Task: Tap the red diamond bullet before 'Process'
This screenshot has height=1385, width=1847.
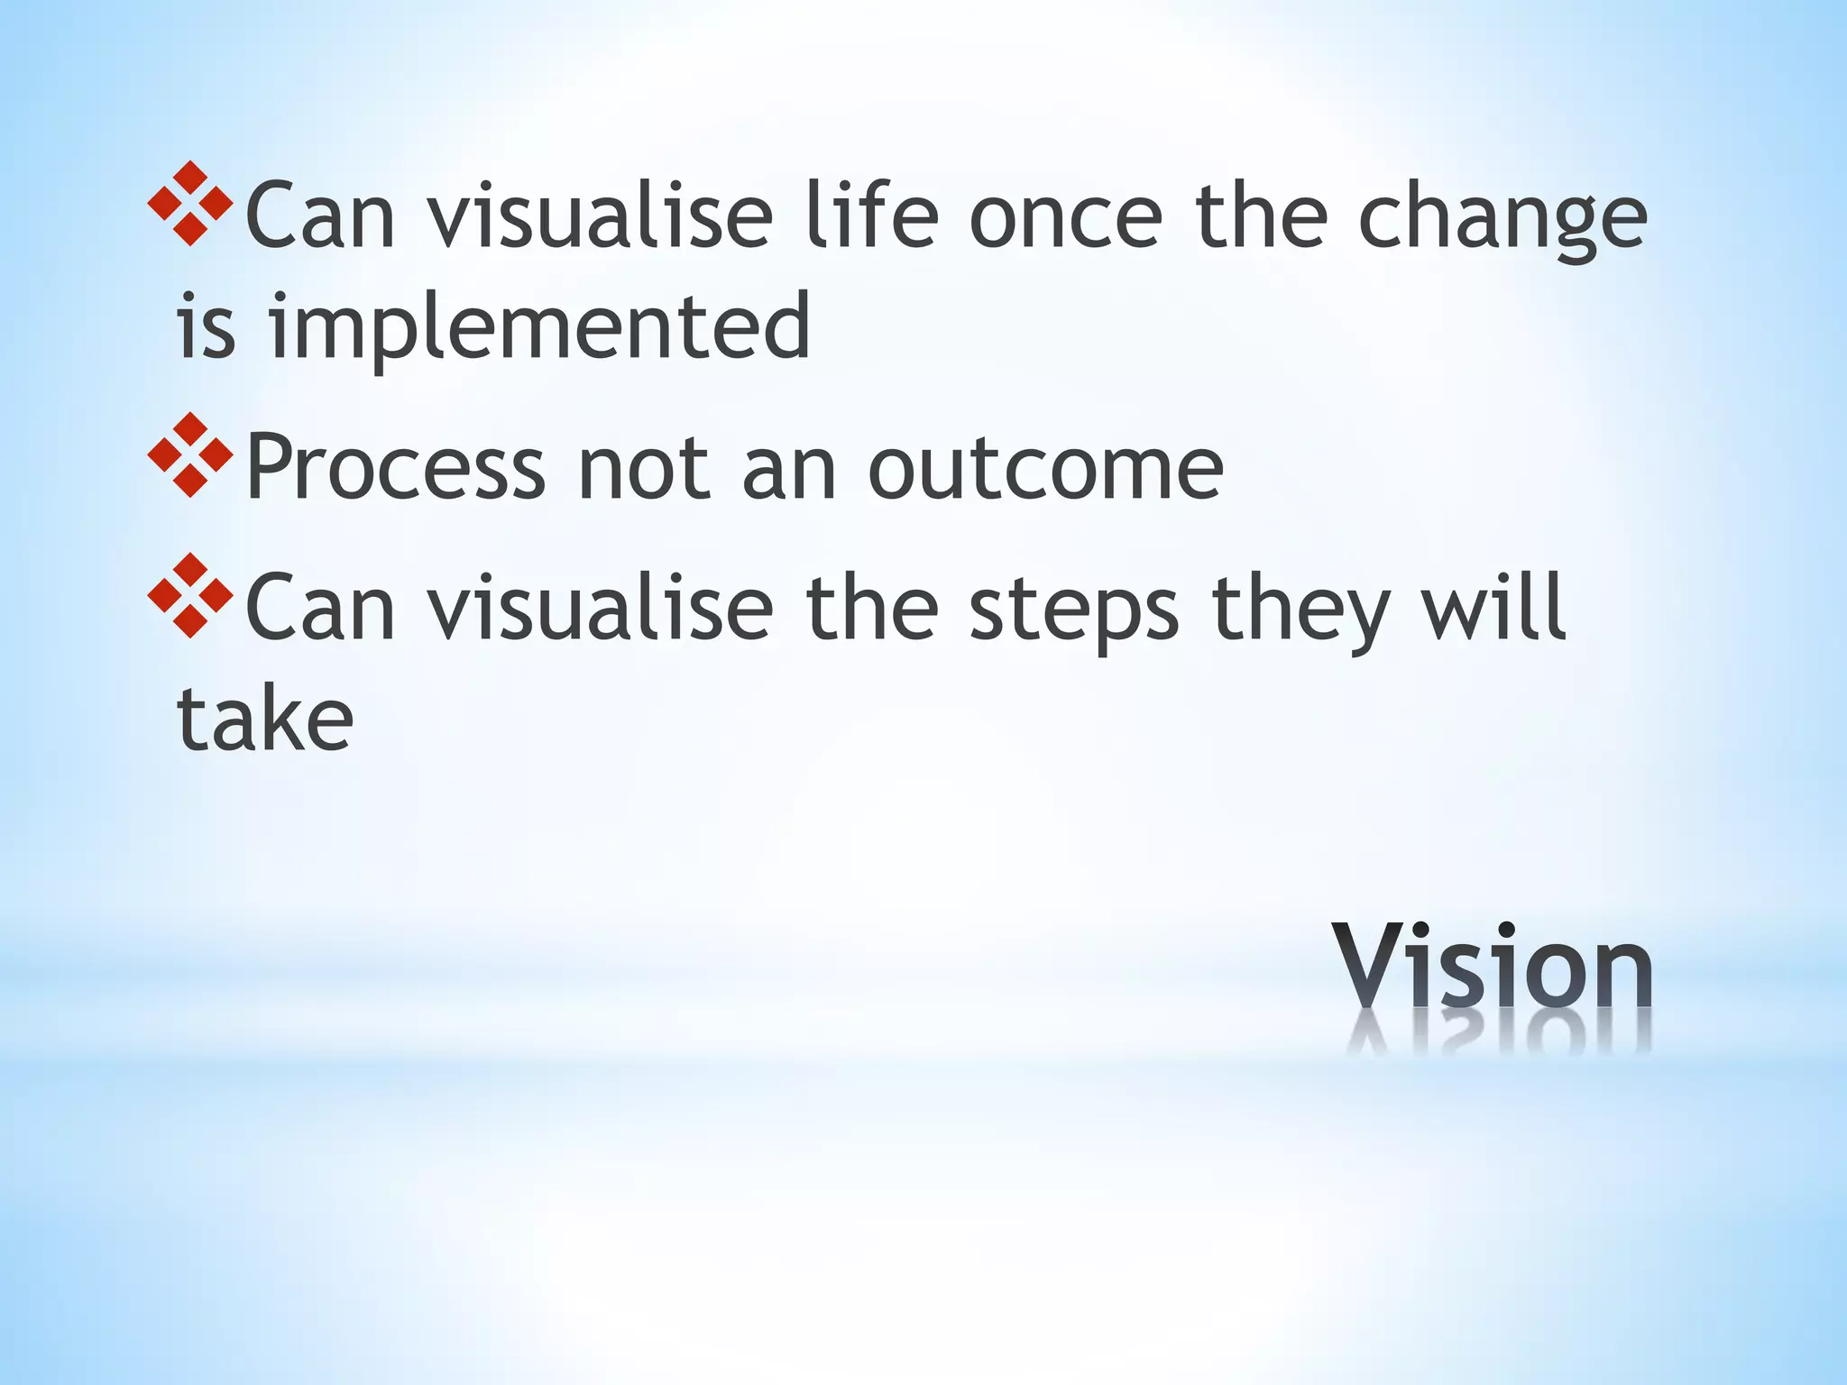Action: click(x=190, y=455)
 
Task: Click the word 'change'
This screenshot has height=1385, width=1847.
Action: click(x=1502, y=219)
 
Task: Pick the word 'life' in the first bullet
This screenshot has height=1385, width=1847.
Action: click(x=872, y=216)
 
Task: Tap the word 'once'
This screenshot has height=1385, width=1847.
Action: click(x=1065, y=219)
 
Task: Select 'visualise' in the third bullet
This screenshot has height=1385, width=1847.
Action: click(x=600, y=610)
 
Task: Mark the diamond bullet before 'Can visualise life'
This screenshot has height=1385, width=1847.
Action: click(x=190, y=204)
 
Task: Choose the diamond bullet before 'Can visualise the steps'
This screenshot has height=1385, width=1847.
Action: click(x=190, y=596)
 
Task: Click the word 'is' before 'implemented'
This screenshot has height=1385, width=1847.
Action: click(x=206, y=326)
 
